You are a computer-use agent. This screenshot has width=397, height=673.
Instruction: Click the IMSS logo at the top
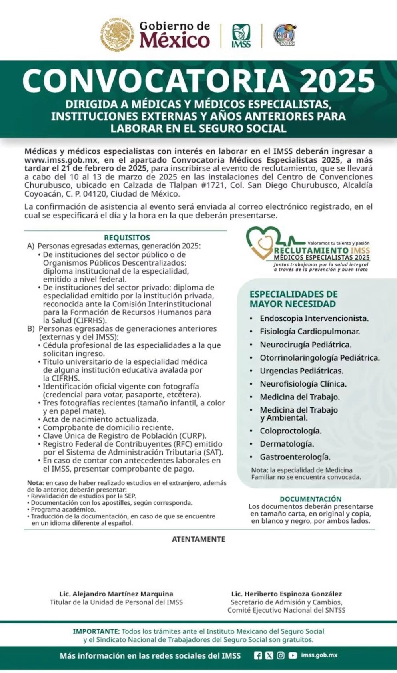241,36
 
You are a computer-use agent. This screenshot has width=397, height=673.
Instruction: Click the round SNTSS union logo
285,35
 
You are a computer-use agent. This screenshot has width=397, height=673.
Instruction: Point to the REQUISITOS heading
127,238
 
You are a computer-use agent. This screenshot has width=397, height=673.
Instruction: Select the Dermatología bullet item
287,444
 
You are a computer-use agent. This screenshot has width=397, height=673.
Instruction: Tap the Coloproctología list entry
291,431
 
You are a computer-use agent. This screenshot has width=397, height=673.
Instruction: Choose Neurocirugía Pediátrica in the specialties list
305,345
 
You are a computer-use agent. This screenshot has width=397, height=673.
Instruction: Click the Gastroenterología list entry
295,457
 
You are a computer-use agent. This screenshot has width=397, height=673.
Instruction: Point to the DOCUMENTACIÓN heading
311,499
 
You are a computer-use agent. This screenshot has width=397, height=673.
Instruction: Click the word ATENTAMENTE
198,539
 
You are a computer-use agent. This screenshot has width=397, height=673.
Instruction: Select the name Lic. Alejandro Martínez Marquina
116,594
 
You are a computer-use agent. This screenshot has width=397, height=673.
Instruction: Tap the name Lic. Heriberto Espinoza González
287,594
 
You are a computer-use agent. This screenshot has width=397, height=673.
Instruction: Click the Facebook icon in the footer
258,655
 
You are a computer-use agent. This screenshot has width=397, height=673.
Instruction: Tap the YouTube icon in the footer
293,655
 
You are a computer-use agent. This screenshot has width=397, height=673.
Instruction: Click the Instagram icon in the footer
281,655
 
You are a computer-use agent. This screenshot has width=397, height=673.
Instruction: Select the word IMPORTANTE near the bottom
96,631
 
